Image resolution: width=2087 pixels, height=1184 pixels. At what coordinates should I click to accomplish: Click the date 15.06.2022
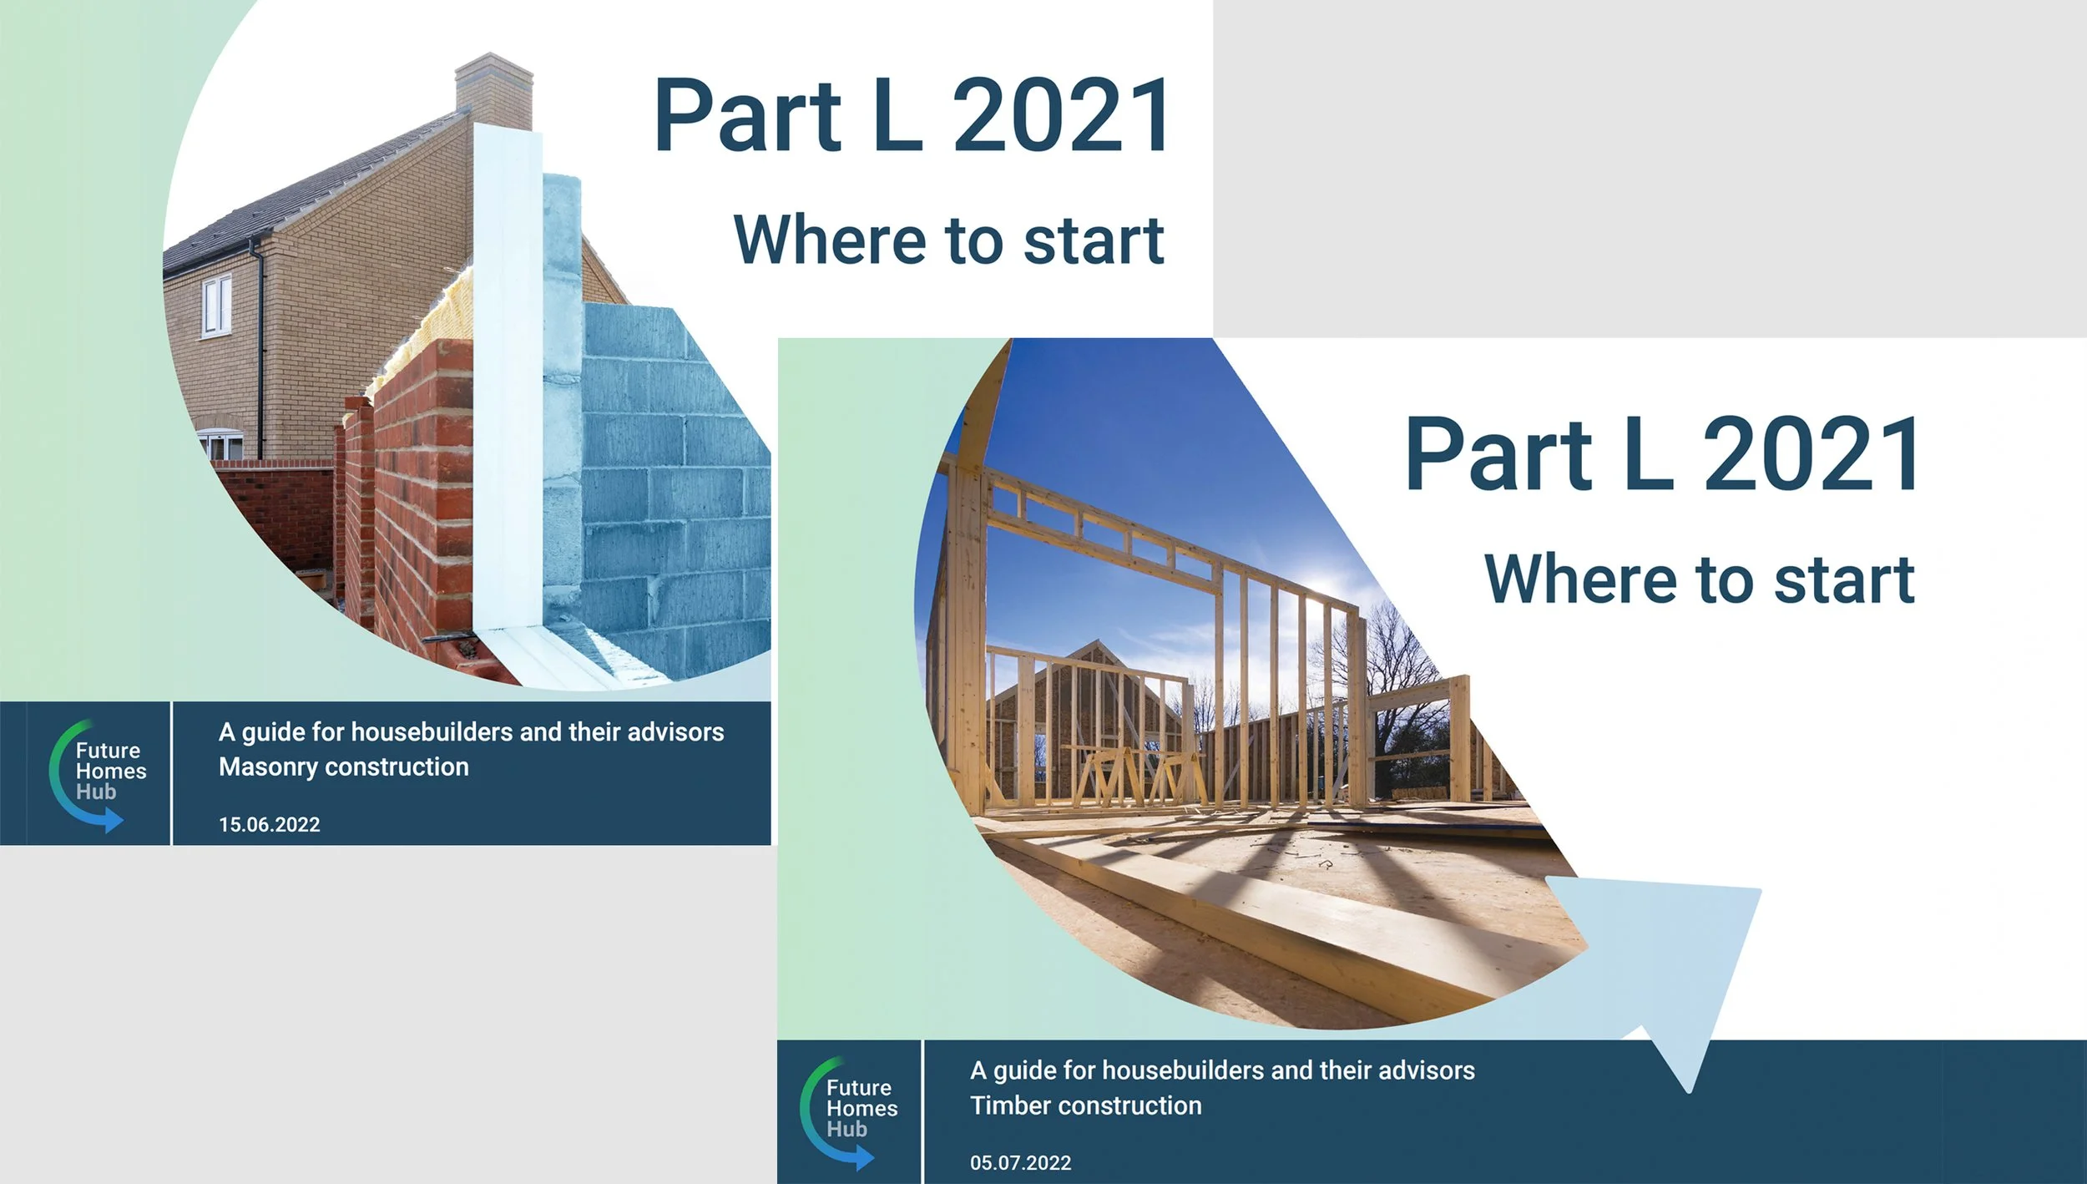click(x=269, y=825)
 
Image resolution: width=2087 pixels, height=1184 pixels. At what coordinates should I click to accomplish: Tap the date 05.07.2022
click(x=1020, y=1163)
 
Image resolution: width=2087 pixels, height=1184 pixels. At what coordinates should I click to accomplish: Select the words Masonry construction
click(x=343, y=767)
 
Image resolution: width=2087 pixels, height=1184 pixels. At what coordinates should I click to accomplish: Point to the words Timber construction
click(x=1085, y=1106)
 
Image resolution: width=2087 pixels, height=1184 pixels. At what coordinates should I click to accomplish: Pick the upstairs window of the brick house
click(x=217, y=306)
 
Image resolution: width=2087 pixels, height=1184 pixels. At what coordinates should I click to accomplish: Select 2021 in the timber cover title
click(x=1812, y=455)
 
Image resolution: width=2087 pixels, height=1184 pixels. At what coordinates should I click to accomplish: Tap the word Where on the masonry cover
click(x=831, y=240)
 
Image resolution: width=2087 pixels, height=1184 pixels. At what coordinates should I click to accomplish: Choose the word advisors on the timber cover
click(x=1426, y=1070)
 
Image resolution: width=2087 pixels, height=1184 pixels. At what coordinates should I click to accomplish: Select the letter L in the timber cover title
click(x=1649, y=455)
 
